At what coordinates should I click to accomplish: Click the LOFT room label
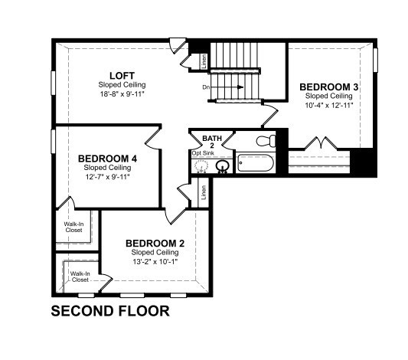pyautogui.click(x=122, y=76)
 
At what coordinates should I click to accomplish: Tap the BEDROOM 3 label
pyautogui.click(x=328, y=87)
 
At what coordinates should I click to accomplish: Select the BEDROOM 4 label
pyautogui.click(x=107, y=159)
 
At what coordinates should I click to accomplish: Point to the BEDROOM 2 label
pyautogui.click(x=155, y=244)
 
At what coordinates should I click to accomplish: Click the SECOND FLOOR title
pyautogui.click(x=110, y=311)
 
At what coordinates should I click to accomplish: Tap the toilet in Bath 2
pyautogui.click(x=266, y=141)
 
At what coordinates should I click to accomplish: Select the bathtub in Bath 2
pyautogui.click(x=256, y=163)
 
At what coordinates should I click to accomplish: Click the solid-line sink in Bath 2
pyautogui.click(x=222, y=166)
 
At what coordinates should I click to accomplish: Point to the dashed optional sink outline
pyautogui.click(x=201, y=165)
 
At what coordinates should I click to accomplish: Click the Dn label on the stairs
pyautogui.click(x=206, y=87)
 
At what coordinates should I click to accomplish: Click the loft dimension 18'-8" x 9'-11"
pyautogui.click(x=122, y=94)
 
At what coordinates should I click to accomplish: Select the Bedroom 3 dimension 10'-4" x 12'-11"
pyautogui.click(x=329, y=106)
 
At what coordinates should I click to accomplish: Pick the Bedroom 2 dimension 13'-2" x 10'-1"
pyautogui.click(x=155, y=262)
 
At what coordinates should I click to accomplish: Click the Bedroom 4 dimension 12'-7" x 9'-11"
pyautogui.click(x=107, y=177)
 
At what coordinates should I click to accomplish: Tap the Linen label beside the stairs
pyautogui.click(x=204, y=61)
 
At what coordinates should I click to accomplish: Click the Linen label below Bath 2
pyautogui.click(x=204, y=192)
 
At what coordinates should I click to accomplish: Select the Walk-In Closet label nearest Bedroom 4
pyautogui.click(x=74, y=227)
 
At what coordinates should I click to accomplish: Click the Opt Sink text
pyautogui.click(x=203, y=153)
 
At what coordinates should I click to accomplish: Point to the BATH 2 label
pyautogui.click(x=212, y=142)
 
